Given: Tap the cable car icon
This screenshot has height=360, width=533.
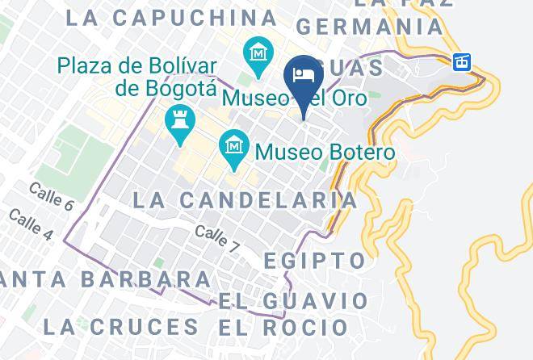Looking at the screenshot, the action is (x=461, y=61).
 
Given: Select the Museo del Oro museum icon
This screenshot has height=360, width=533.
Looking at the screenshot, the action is (x=258, y=55).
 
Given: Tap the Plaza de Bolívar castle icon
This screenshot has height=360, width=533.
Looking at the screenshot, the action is (x=178, y=123).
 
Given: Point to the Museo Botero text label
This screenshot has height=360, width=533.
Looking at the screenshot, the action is (x=325, y=152).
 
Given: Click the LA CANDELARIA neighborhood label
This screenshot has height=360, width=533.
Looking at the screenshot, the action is (x=244, y=199).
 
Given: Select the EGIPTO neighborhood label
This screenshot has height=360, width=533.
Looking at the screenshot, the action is (x=315, y=261).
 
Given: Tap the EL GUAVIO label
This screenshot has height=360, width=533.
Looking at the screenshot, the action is (x=292, y=301).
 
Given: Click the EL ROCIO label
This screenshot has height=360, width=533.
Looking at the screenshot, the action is (x=282, y=328).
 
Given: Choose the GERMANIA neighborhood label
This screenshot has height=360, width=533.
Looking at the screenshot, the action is (x=371, y=27).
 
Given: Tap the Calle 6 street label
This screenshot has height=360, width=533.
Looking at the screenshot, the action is (x=51, y=196).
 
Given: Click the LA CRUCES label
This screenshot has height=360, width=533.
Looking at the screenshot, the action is (x=120, y=327).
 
